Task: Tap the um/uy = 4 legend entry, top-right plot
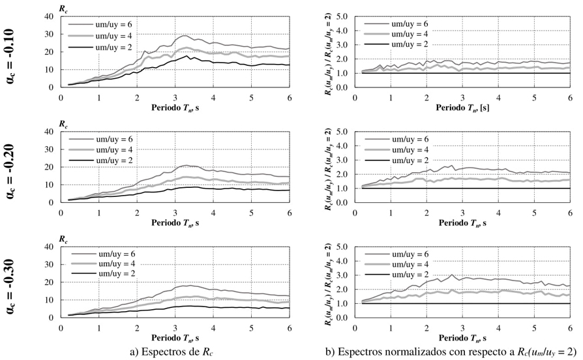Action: click(398, 33)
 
